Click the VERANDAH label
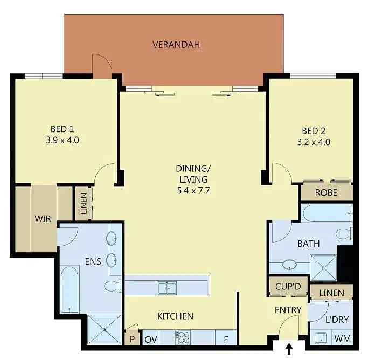[176, 45]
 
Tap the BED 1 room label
[62, 129]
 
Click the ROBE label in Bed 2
[326, 192]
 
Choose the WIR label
[43, 219]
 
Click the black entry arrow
[289, 349]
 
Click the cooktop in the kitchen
[184, 337]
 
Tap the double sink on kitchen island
[167, 287]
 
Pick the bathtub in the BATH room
[327, 213]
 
